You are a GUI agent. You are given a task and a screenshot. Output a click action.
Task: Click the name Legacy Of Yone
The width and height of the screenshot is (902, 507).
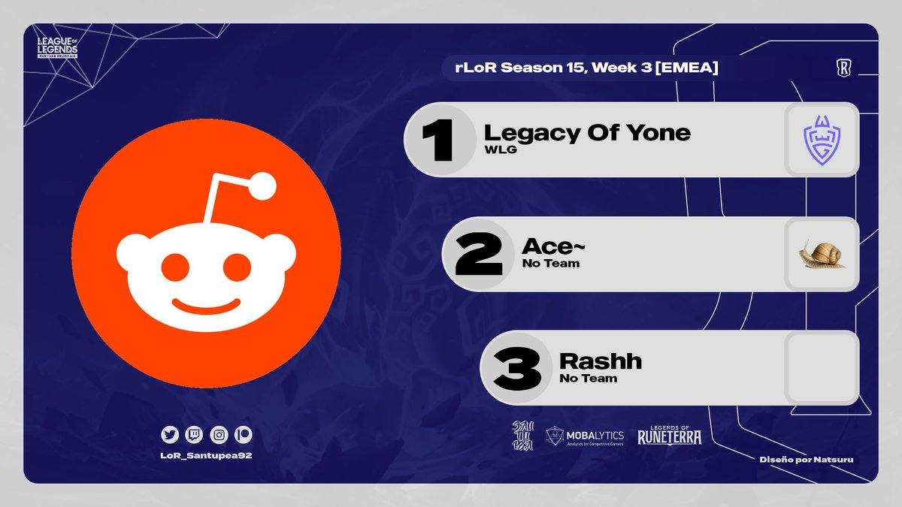point(587,133)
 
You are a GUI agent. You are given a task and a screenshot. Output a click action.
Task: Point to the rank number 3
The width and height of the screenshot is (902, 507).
point(516,368)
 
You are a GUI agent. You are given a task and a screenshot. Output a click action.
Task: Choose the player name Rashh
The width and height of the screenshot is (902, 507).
point(601,361)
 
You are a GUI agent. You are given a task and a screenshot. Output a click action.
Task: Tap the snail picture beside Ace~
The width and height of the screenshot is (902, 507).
point(822,254)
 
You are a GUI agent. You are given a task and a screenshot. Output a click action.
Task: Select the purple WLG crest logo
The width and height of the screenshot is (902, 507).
point(822,140)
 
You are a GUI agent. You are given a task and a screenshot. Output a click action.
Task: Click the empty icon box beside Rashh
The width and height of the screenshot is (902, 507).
point(822,368)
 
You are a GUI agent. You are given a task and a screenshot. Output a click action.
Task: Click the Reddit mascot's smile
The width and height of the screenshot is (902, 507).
point(206,306)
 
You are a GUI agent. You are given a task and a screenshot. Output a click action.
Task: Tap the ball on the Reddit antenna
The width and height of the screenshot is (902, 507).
point(263,186)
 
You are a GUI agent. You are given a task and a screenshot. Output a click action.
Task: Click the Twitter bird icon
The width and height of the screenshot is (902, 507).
point(170,434)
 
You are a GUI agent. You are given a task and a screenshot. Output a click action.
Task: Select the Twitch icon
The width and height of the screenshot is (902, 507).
point(194,434)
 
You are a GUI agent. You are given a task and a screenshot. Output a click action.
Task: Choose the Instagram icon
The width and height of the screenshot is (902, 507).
point(219,434)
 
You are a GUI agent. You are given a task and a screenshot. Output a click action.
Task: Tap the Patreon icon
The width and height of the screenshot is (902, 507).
point(243,434)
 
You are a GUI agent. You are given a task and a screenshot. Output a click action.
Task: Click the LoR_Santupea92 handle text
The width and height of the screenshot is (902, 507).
point(206,456)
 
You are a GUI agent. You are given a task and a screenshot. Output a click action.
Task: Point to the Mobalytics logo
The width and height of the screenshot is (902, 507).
point(585,435)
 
